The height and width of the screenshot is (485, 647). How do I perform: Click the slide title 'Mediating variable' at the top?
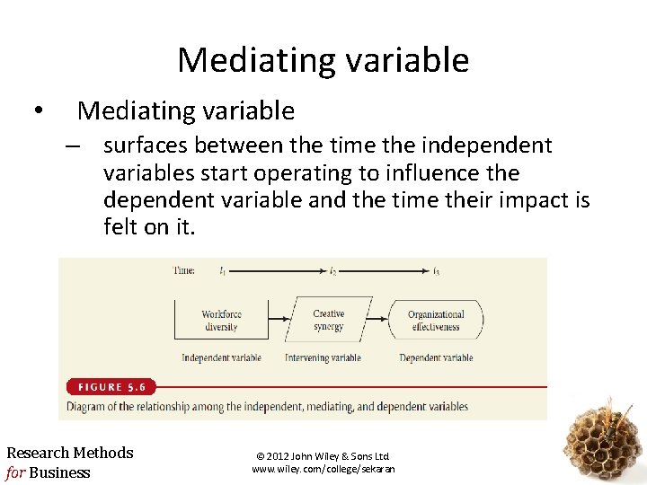[x=323, y=60]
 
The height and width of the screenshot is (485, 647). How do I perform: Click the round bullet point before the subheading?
[x=36, y=111]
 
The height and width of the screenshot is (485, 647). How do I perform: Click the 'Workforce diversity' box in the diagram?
[x=220, y=320]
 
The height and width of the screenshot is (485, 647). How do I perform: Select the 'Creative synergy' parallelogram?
[x=328, y=320]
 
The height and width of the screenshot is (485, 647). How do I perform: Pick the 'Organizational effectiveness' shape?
[x=436, y=320]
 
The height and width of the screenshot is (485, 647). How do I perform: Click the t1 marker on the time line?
[x=222, y=270]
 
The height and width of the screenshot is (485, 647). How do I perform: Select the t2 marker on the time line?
[x=332, y=270]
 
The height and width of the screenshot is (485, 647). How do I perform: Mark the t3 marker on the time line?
[x=437, y=270]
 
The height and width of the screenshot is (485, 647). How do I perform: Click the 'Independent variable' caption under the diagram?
[x=221, y=357]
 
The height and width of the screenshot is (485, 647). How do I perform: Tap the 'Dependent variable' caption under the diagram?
[x=436, y=357]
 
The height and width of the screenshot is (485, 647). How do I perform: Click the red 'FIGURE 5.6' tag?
[x=111, y=387]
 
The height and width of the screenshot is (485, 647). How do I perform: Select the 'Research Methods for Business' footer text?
[x=69, y=463]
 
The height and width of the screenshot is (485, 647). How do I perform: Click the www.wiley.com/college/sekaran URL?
[x=323, y=469]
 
